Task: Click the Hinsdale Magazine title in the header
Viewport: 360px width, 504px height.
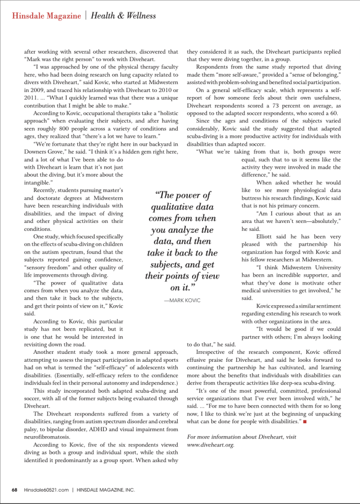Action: click(46, 16)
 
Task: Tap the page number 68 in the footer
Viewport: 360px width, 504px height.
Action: click(15, 490)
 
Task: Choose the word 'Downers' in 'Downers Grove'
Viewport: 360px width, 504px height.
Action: click(36, 152)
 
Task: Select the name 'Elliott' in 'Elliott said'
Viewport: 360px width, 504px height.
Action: click(265, 236)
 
